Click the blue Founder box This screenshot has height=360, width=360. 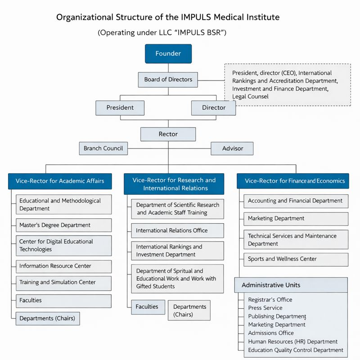168,54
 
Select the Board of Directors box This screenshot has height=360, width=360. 168,80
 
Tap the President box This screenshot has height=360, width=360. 120,108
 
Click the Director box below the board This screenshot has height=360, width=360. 214,108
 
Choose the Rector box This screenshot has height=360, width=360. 168,134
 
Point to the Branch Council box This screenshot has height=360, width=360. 103,148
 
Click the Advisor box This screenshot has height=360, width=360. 232,148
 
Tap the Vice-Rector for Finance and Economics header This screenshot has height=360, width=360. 295,181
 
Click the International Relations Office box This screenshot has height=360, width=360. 177,230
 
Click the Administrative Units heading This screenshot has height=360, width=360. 271,285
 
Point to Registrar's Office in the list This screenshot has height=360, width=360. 270,300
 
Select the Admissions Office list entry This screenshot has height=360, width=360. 271,333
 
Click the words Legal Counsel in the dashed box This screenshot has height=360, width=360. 250,96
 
